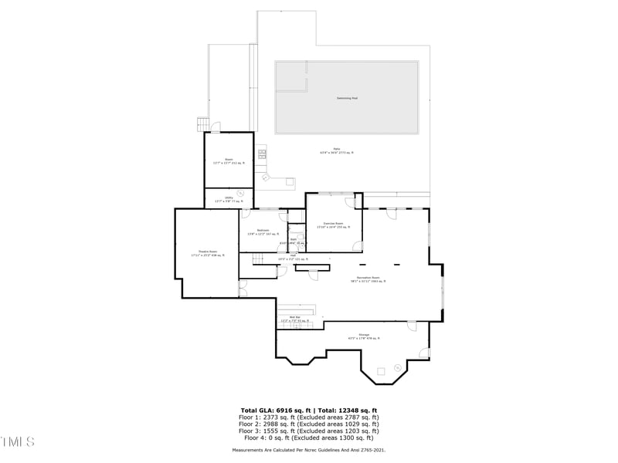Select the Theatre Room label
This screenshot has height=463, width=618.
(x=206, y=252)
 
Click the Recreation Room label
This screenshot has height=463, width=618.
(x=368, y=279)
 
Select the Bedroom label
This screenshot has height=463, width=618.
(x=263, y=231)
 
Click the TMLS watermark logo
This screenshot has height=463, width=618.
(x=18, y=442)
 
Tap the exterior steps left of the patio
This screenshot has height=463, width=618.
(x=202, y=123)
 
